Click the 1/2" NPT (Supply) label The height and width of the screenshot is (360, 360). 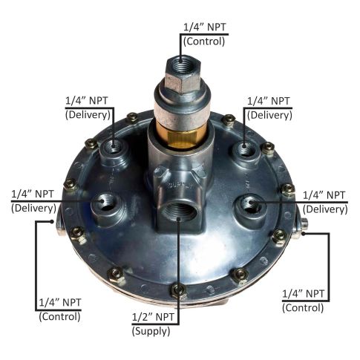tap(153, 324)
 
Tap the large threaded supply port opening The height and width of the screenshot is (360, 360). tap(179, 212)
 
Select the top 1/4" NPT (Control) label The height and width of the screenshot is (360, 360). tap(204, 34)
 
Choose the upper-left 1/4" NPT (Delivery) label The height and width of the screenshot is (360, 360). tap(88, 108)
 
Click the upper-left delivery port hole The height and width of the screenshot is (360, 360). tap(113, 146)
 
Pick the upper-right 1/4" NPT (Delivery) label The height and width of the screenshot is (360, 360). tap(269, 108)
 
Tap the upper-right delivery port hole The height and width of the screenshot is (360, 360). tap(244, 148)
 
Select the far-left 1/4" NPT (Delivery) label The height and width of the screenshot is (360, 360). tap(33, 201)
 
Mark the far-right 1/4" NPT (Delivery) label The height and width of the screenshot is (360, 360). tap(325, 203)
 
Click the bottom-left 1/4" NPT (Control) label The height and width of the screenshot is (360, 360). tap(59, 310)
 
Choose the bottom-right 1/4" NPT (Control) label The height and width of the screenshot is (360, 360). tap(303, 301)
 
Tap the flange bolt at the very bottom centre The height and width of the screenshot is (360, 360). tap(179, 289)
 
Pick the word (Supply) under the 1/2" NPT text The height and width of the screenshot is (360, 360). tap(151, 331)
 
